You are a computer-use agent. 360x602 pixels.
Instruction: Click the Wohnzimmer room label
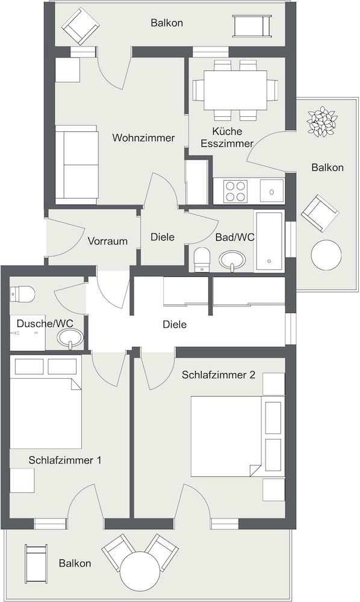click(x=143, y=137)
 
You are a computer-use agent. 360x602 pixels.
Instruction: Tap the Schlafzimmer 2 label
click(x=219, y=374)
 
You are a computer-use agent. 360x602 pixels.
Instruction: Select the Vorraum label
click(x=108, y=241)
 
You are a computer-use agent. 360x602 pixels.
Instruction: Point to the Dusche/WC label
click(x=45, y=323)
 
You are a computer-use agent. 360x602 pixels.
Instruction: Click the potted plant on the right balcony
click(x=322, y=122)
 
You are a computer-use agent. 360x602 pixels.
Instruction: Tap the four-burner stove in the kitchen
click(x=235, y=191)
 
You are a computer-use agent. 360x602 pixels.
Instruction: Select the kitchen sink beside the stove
click(x=272, y=191)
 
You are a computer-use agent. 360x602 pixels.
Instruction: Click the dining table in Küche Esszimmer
click(x=235, y=90)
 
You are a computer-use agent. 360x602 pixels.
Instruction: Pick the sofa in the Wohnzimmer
click(x=76, y=165)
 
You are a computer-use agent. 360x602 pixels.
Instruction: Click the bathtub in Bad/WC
click(x=270, y=241)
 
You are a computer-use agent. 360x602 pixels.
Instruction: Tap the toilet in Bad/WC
click(x=202, y=259)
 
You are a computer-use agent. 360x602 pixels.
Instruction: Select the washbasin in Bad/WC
click(x=232, y=260)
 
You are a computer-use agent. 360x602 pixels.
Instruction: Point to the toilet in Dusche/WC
click(x=22, y=294)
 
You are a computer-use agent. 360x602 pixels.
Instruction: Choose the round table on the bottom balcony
click(x=140, y=571)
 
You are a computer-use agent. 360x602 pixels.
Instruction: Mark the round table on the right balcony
click(x=326, y=255)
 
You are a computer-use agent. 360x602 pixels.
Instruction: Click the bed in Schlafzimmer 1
click(x=45, y=413)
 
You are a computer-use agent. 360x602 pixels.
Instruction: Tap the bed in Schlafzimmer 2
click(x=226, y=436)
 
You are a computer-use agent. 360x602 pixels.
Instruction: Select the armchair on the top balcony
click(x=81, y=26)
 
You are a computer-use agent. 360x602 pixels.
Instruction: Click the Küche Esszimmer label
click(x=227, y=137)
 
